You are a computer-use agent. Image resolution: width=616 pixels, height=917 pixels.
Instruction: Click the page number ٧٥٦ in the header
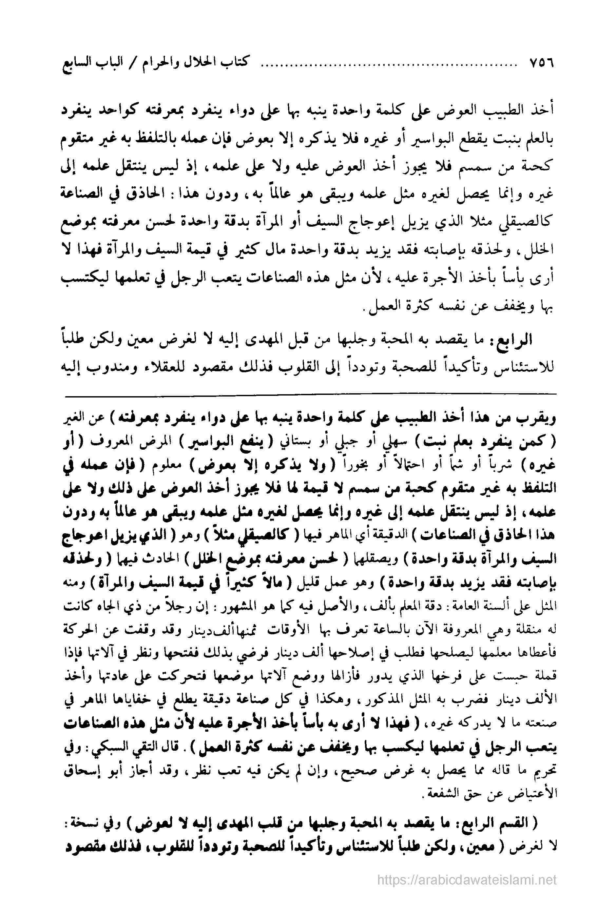pos(541,63)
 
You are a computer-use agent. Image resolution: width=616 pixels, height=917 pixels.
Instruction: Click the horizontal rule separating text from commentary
pos(310,394)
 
